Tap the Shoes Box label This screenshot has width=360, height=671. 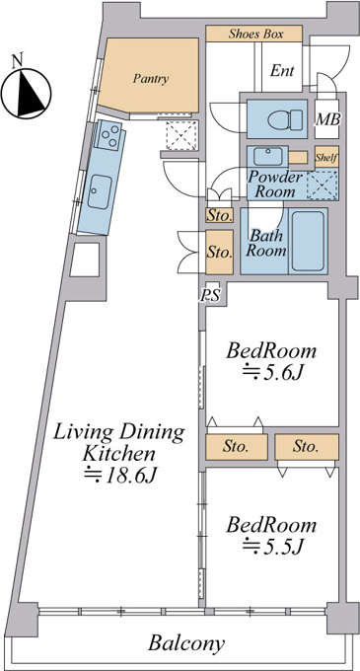255,34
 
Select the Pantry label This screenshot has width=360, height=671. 151,79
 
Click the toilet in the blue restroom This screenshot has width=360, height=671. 286,118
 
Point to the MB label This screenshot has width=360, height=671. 327,120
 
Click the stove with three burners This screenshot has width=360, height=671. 108,135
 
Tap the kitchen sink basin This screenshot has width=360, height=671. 101,191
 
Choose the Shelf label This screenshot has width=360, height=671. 327,158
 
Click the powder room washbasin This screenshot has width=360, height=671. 267,156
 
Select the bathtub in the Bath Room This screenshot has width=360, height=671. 308,241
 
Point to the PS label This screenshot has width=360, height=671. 210,295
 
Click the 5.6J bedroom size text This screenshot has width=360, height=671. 273,374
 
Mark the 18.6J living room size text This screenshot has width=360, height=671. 120,474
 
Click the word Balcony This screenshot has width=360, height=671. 186,643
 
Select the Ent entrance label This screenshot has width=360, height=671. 282,71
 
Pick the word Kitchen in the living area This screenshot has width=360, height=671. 117,453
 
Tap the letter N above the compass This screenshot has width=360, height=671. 17,61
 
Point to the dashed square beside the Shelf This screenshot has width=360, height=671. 323,184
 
